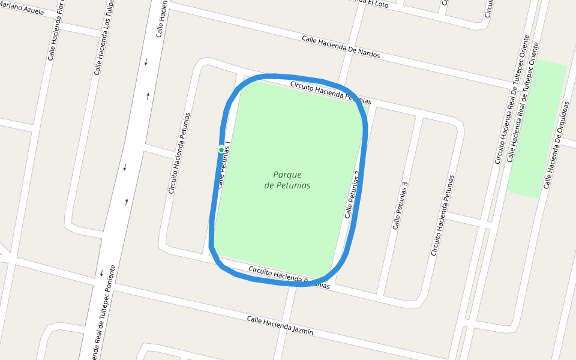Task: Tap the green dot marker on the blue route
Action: click(x=221, y=149)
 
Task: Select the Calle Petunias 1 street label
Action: click(x=224, y=165)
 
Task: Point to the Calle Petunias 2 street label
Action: click(x=352, y=194)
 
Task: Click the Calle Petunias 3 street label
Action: click(x=400, y=205)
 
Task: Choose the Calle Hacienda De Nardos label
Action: click(x=341, y=46)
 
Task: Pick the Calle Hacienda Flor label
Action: click(x=55, y=30)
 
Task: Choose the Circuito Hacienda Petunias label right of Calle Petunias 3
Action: click(x=443, y=215)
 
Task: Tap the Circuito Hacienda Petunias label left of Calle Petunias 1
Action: click(x=179, y=153)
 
